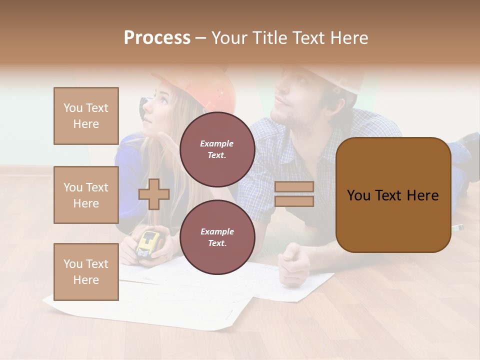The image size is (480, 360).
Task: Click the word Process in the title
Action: (x=157, y=38)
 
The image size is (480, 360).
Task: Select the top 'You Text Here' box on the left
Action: (x=86, y=116)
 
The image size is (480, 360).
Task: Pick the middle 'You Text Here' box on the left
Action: (x=86, y=195)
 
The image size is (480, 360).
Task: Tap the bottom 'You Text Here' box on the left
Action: (x=86, y=272)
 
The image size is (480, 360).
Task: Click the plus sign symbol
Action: (x=154, y=194)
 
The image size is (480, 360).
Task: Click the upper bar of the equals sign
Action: (x=294, y=187)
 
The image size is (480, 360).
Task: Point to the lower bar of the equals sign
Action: (x=294, y=201)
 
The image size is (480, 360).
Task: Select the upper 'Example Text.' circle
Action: (x=217, y=149)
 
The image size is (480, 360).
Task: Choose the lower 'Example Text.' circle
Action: (x=217, y=237)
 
